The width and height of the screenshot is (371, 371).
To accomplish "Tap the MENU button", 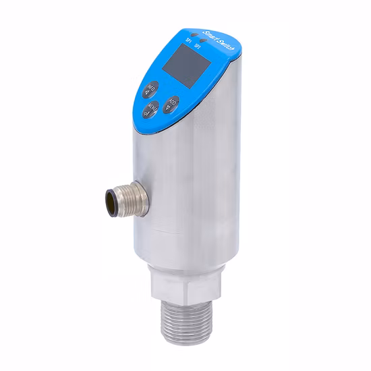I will [x=153, y=108].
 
